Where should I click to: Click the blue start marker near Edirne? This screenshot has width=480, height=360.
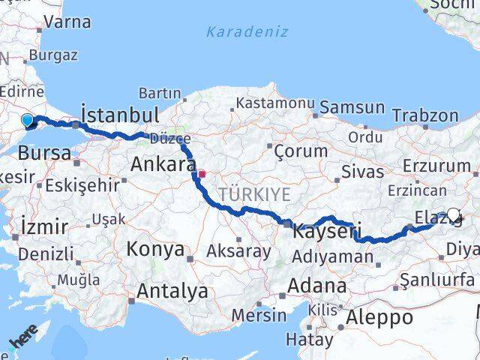pos(27,120)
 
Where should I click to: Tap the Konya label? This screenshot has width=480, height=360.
pos(156,248)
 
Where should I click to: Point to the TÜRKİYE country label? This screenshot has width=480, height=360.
pos(254,194)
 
